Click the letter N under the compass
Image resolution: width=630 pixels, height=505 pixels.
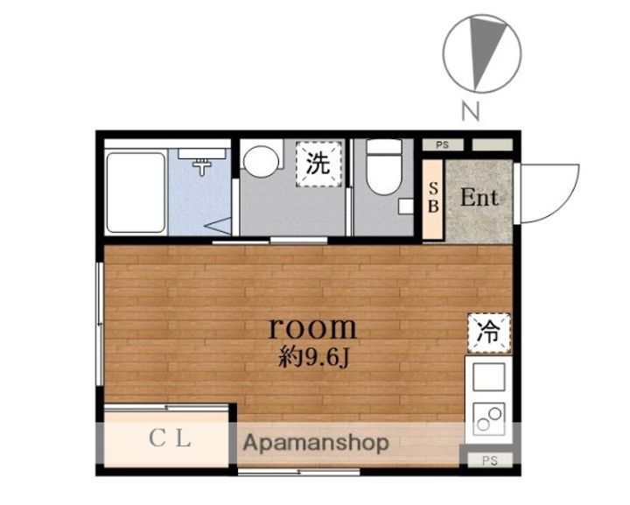(471, 111)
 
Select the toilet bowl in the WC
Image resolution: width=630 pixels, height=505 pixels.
(384, 167)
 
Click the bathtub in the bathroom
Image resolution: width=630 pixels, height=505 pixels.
(136, 193)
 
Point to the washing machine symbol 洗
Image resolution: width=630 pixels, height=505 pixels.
(318, 164)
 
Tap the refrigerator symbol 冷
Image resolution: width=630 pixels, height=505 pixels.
(489, 333)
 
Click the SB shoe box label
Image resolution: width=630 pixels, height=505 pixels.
(433, 197)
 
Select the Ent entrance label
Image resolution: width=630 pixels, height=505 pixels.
(479, 198)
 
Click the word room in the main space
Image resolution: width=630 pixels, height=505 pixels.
(312, 328)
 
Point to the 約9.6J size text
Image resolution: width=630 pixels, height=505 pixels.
(313, 358)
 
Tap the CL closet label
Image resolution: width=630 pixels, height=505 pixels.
(170, 438)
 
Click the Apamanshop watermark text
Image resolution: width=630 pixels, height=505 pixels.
(316, 443)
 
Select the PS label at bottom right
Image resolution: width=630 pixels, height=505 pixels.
(490, 460)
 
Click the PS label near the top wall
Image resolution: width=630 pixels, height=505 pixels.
(442, 144)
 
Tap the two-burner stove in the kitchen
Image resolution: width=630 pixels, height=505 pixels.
(489, 419)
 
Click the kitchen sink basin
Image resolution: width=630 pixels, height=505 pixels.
(489, 377)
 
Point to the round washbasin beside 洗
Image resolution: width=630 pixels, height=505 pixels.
(261, 161)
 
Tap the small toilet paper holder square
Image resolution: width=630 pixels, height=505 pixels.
(406, 207)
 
